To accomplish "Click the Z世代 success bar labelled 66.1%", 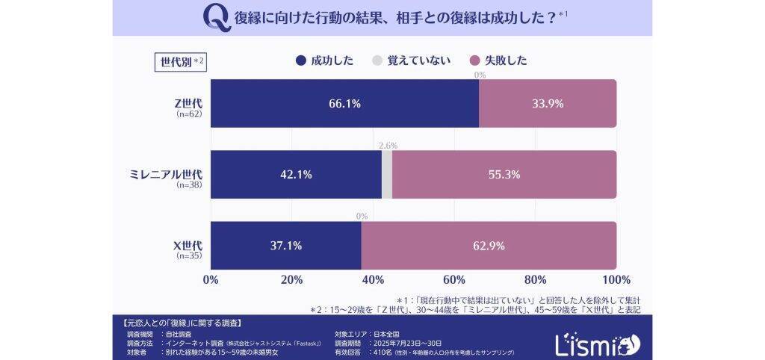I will (x=344, y=104).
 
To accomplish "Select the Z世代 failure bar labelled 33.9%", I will (x=548, y=104).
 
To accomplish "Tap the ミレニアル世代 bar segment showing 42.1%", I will (x=296, y=175).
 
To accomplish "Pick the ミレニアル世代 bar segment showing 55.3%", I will (x=504, y=175).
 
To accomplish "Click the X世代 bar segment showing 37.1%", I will (x=286, y=245).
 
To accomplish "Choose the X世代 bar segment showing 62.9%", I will (x=489, y=245).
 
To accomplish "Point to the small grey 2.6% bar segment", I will (x=387, y=175).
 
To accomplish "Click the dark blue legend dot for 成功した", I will (x=301, y=60).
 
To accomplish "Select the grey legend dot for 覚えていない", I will (x=377, y=60).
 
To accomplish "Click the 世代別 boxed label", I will (x=180, y=61).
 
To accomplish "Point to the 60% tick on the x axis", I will (x=454, y=280).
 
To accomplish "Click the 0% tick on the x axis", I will (x=211, y=280).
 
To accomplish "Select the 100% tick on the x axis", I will (x=616, y=280).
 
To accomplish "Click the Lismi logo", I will (x=598, y=343).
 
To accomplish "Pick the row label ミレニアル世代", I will (x=165, y=174).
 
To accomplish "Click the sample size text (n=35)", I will (x=189, y=255).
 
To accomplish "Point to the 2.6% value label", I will (x=388, y=146).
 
